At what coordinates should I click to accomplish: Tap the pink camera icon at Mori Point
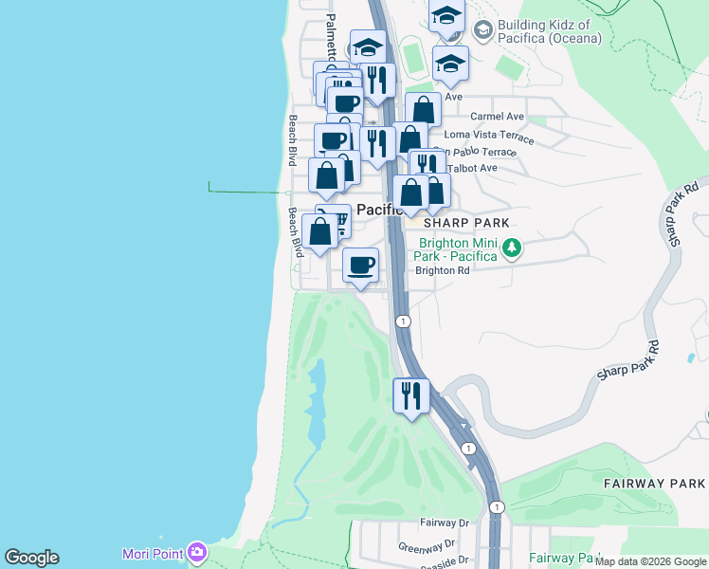click(x=196, y=551)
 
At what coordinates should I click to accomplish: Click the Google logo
click(x=31, y=558)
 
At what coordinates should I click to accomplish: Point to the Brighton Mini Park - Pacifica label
click(x=457, y=249)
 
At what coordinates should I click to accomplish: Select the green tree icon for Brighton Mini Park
click(x=512, y=248)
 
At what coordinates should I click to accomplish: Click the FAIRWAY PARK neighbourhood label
click(x=654, y=483)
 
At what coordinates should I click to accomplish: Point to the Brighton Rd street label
click(x=443, y=270)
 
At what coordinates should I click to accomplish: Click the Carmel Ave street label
click(x=497, y=117)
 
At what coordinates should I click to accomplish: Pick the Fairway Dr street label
click(x=445, y=523)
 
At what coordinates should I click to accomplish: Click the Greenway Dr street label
click(x=427, y=545)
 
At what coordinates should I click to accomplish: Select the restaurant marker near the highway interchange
click(x=411, y=395)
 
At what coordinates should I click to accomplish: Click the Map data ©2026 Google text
click(x=650, y=561)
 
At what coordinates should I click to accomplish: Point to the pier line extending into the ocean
click(x=246, y=192)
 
